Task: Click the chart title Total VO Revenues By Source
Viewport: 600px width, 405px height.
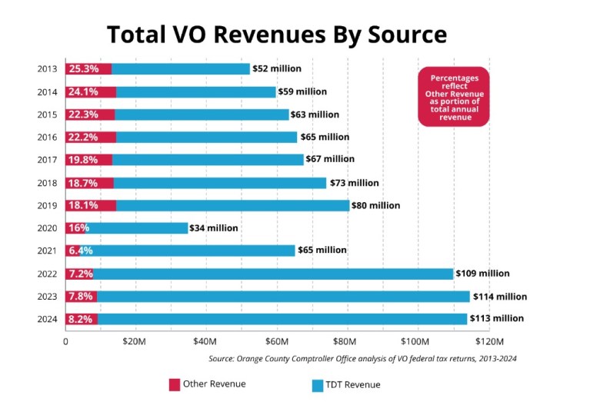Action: pyautogui.click(x=276, y=34)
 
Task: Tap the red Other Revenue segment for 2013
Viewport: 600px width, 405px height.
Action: pyautogui.click(x=88, y=69)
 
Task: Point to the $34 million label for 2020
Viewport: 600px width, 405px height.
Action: pyautogui.click(x=215, y=228)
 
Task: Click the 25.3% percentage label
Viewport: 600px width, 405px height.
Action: pyautogui.click(x=83, y=69)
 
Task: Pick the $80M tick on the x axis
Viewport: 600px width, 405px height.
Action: pyautogui.click(x=347, y=340)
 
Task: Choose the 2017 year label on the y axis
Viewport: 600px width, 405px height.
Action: pyautogui.click(x=47, y=160)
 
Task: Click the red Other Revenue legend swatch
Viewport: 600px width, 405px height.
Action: pyautogui.click(x=173, y=383)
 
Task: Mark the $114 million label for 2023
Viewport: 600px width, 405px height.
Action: pyautogui.click(x=500, y=297)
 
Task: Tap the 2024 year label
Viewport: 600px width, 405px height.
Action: pyautogui.click(x=47, y=319)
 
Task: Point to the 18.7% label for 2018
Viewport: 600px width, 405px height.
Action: pyautogui.click(x=83, y=183)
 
